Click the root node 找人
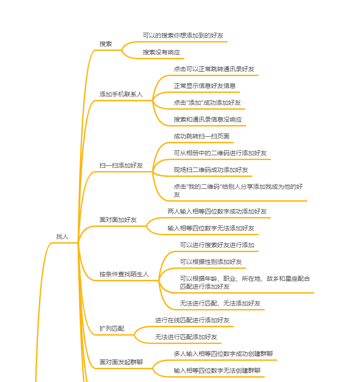coord(62,237)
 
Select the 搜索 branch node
coord(106,44)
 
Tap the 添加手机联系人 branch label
coord(121,94)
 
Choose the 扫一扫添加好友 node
coord(121,165)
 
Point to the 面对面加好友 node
coord(118,220)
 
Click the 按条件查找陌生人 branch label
coord(124,274)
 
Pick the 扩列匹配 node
coord(112,329)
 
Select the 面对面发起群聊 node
coord(121,362)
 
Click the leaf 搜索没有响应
coord(161,52)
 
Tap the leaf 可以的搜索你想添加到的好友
coord(186,35)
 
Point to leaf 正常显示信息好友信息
coord(205,86)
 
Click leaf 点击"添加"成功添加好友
coord(207,103)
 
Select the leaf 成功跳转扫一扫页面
coord(202,136)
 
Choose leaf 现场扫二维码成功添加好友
coord(211,170)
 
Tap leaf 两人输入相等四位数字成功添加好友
coord(217,211)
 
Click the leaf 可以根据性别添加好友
coord(211,262)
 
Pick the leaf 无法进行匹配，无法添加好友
coord(220,303)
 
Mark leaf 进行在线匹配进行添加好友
coord(192,320)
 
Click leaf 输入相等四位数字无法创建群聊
coord(217,371)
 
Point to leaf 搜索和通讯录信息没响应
coord(208,119)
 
